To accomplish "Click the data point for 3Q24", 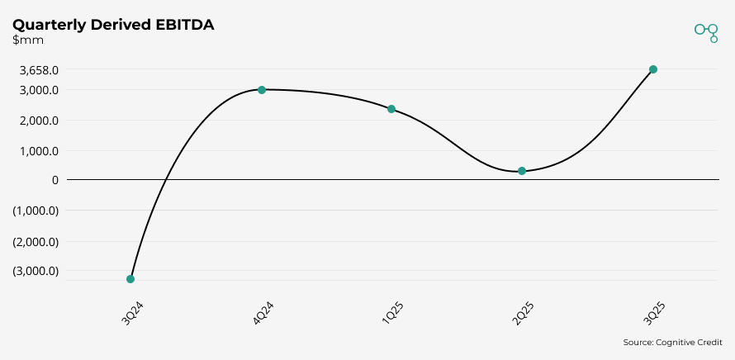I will pyautogui.click(x=130, y=279).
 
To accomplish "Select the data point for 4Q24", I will pyautogui.click(x=261, y=89).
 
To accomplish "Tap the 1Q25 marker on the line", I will pyautogui.click(x=391, y=109).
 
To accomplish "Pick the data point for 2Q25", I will pyautogui.click(x=522, y=171).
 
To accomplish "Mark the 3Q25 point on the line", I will pyautogui.click(x=652, y=69).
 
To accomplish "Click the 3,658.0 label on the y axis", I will pyautogui.click(x=39, y=70).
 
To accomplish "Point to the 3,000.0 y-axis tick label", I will pyautogui.click(x=39, y=90).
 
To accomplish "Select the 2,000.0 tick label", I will pyautogui.click(x=39, y=121).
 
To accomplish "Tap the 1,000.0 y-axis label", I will pyautogui.click(x=39, y=151).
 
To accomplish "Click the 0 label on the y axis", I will pyautogui.click(x=55, y=179).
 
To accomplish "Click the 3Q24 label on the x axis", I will pyautogui.click(x=133, y=314).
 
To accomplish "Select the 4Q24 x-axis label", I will pyautogui.click(x=263, y=314).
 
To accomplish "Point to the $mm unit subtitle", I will pyautogui.click(x=28, y=40).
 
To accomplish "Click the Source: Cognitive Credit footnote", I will pyautogui.click(x=673, y=342).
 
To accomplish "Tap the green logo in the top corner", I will pyautogui.click(x=706, y=31).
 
